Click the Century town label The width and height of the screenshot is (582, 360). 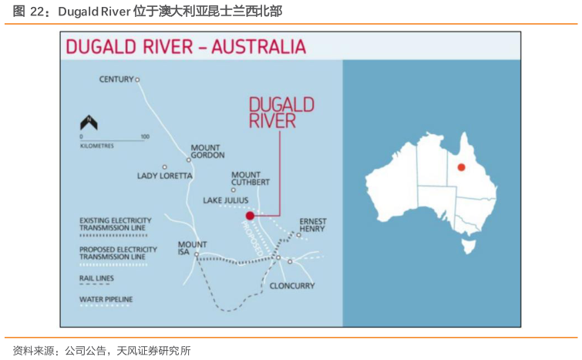click(116, 79)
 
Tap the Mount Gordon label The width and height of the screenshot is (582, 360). click(206, 151)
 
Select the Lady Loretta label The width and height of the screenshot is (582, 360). click(165, 176)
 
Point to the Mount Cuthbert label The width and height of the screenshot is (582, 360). click(251, 178)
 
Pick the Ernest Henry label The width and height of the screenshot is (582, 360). click(313, 225)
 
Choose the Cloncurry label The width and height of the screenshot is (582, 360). click(292, 286)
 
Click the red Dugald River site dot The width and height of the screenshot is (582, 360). click(250, 216)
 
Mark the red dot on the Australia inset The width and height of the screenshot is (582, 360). click(461, 167)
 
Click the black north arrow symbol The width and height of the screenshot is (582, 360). click(89, 123)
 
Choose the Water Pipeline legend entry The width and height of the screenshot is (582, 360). click(106, 299)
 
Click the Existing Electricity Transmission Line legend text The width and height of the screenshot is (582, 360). click(116, 224)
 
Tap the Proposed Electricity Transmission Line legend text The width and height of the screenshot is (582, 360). click(118, 253)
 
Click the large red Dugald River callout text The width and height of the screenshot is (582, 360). click(281, 113)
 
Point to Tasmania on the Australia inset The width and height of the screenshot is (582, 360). click(465, 246)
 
